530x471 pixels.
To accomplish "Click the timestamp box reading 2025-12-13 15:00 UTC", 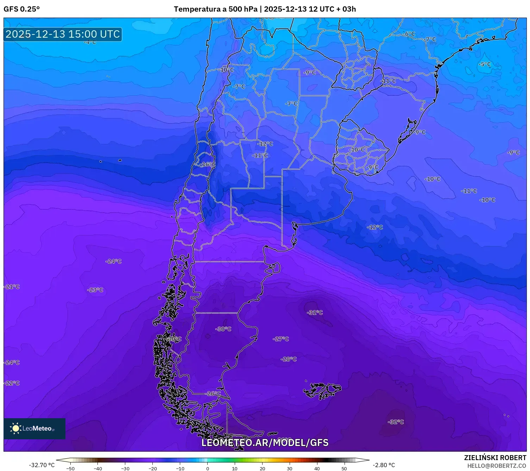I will coord(63,34).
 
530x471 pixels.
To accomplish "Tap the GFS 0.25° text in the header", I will coord(21,9).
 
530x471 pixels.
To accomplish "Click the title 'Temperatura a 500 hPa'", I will coord(215,9).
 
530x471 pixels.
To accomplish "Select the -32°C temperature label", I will coord(396,422).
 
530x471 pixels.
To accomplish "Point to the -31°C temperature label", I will coord(315,313).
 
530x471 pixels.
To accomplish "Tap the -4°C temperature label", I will coord(90,42).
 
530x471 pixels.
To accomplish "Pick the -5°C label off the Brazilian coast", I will coord(485,64).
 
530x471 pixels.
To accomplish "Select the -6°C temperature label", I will coord(409,34).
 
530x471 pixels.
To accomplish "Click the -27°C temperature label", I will coord(281,339).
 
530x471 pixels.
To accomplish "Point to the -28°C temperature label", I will coord(289,359).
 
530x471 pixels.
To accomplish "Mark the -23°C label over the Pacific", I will coord(95,290).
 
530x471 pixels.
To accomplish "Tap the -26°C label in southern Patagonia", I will coord(213,394).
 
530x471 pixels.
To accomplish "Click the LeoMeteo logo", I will coord(34,428).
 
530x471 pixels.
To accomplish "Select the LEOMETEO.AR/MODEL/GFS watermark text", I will coord(265,443).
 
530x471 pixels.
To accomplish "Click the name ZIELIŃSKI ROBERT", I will coord(495,458).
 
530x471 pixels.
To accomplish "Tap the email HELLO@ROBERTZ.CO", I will coord(497,466).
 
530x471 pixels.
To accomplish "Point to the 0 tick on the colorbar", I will coord(208,468).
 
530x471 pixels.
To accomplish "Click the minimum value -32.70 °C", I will coord(42,465).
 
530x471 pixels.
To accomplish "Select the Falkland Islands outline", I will coord(322,390).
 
